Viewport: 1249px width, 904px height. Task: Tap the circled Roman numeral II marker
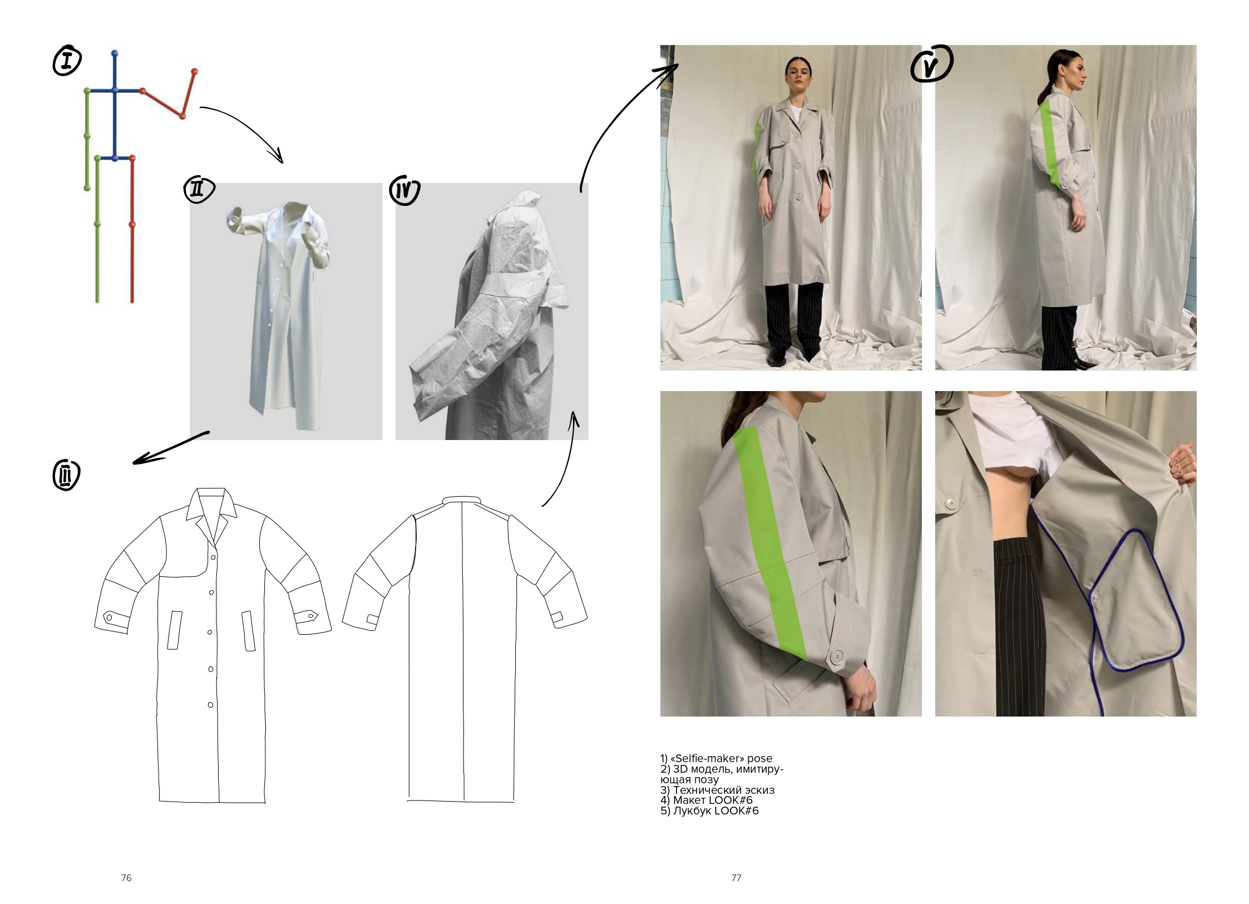coord(199,190)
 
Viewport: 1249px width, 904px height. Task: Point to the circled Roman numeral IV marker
coord(404,191)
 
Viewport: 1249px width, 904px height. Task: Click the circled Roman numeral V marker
coord(931,65)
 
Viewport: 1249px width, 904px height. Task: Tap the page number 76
coord(126,878)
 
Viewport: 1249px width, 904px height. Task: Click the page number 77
coord(736,878)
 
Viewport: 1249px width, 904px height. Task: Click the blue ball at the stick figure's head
coord(115,53)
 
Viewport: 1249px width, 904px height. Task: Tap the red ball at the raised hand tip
coord(194,72)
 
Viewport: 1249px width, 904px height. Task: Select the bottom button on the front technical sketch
coord(210,705)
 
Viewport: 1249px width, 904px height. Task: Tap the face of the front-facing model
coord(798,76)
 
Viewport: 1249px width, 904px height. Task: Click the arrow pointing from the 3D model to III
coord(170,448)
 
